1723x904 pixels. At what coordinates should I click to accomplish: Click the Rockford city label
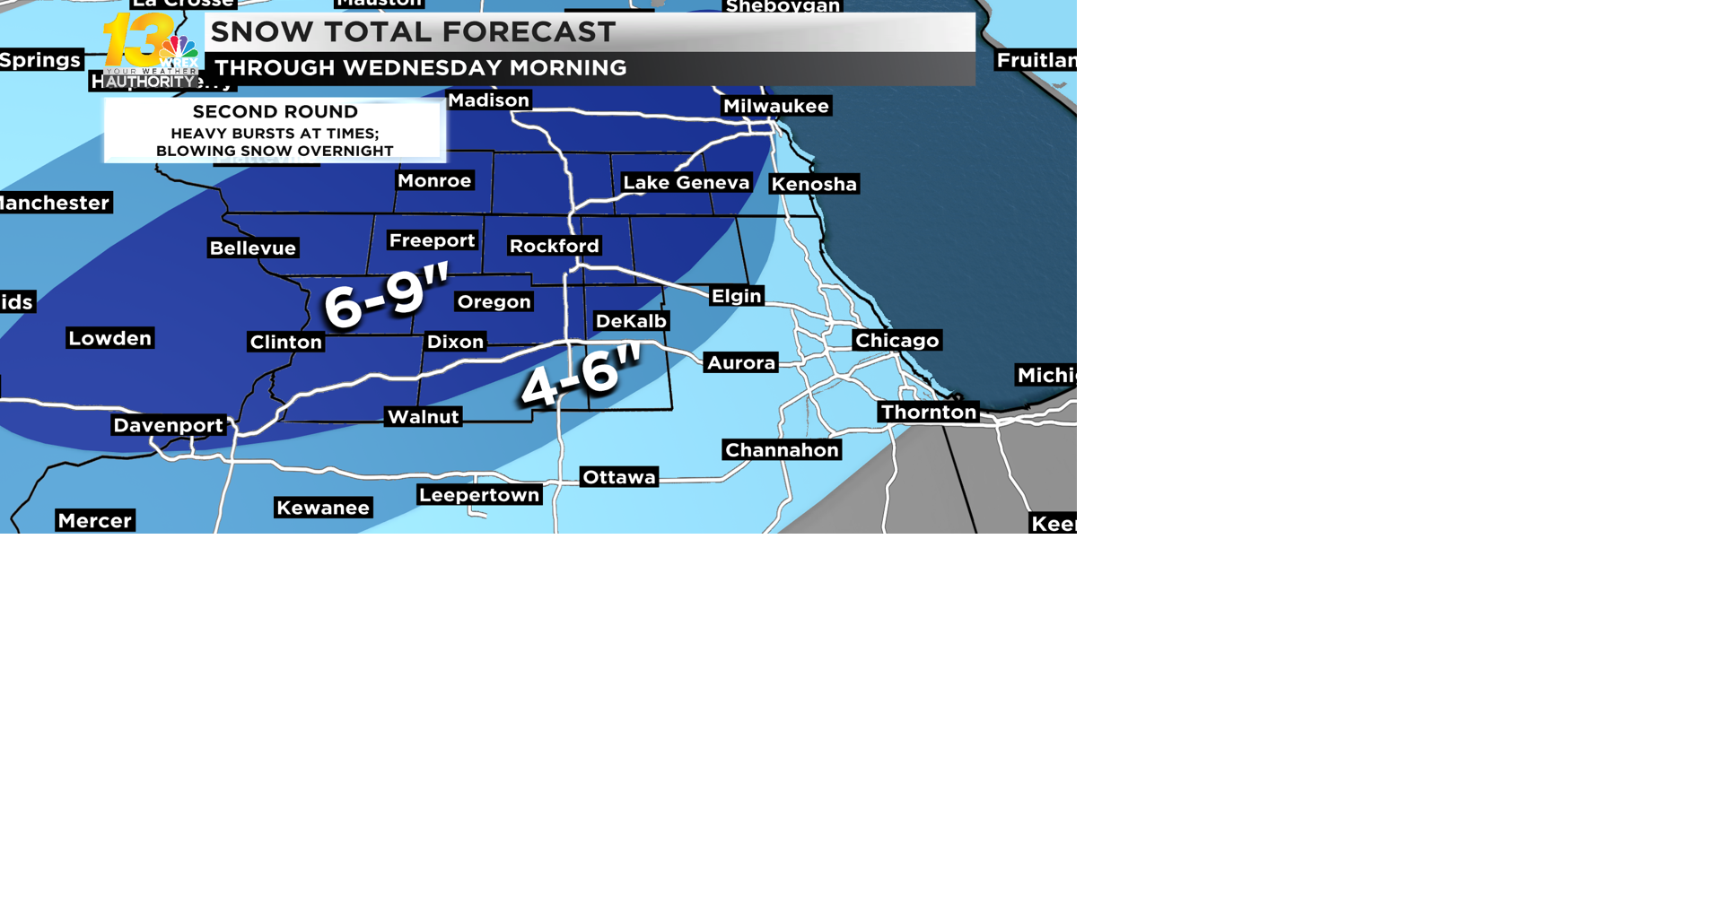click(554, 246)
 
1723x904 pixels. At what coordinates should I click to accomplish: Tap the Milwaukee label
click(776, 106)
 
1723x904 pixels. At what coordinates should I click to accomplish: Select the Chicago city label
click(896, 340)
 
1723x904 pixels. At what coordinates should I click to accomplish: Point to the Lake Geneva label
click(686, 183)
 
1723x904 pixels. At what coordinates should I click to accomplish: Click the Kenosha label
click(814, 184)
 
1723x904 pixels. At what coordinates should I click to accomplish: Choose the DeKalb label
click(631, 321)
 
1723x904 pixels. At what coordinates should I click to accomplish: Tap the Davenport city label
click(168, 425)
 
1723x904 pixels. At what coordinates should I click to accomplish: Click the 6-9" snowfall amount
click(386, 297)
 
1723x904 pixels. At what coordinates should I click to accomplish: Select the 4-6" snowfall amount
click(582, 374)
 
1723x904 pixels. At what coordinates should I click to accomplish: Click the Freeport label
click(432, 240)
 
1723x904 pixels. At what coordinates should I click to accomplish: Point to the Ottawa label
click(619, 477)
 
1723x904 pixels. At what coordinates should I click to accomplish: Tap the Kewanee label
click(323, 508)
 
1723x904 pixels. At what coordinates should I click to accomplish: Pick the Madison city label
click(488, 100)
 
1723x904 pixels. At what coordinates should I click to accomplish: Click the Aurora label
click(741, 362)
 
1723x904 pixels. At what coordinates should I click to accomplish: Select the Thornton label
click(928, 412)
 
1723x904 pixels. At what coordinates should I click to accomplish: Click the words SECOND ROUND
click(276, 112)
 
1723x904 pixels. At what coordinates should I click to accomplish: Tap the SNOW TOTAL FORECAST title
click(413, 32)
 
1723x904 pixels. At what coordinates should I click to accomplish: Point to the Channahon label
click(782, 450)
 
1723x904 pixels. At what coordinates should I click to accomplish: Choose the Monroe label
click(434, 180)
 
